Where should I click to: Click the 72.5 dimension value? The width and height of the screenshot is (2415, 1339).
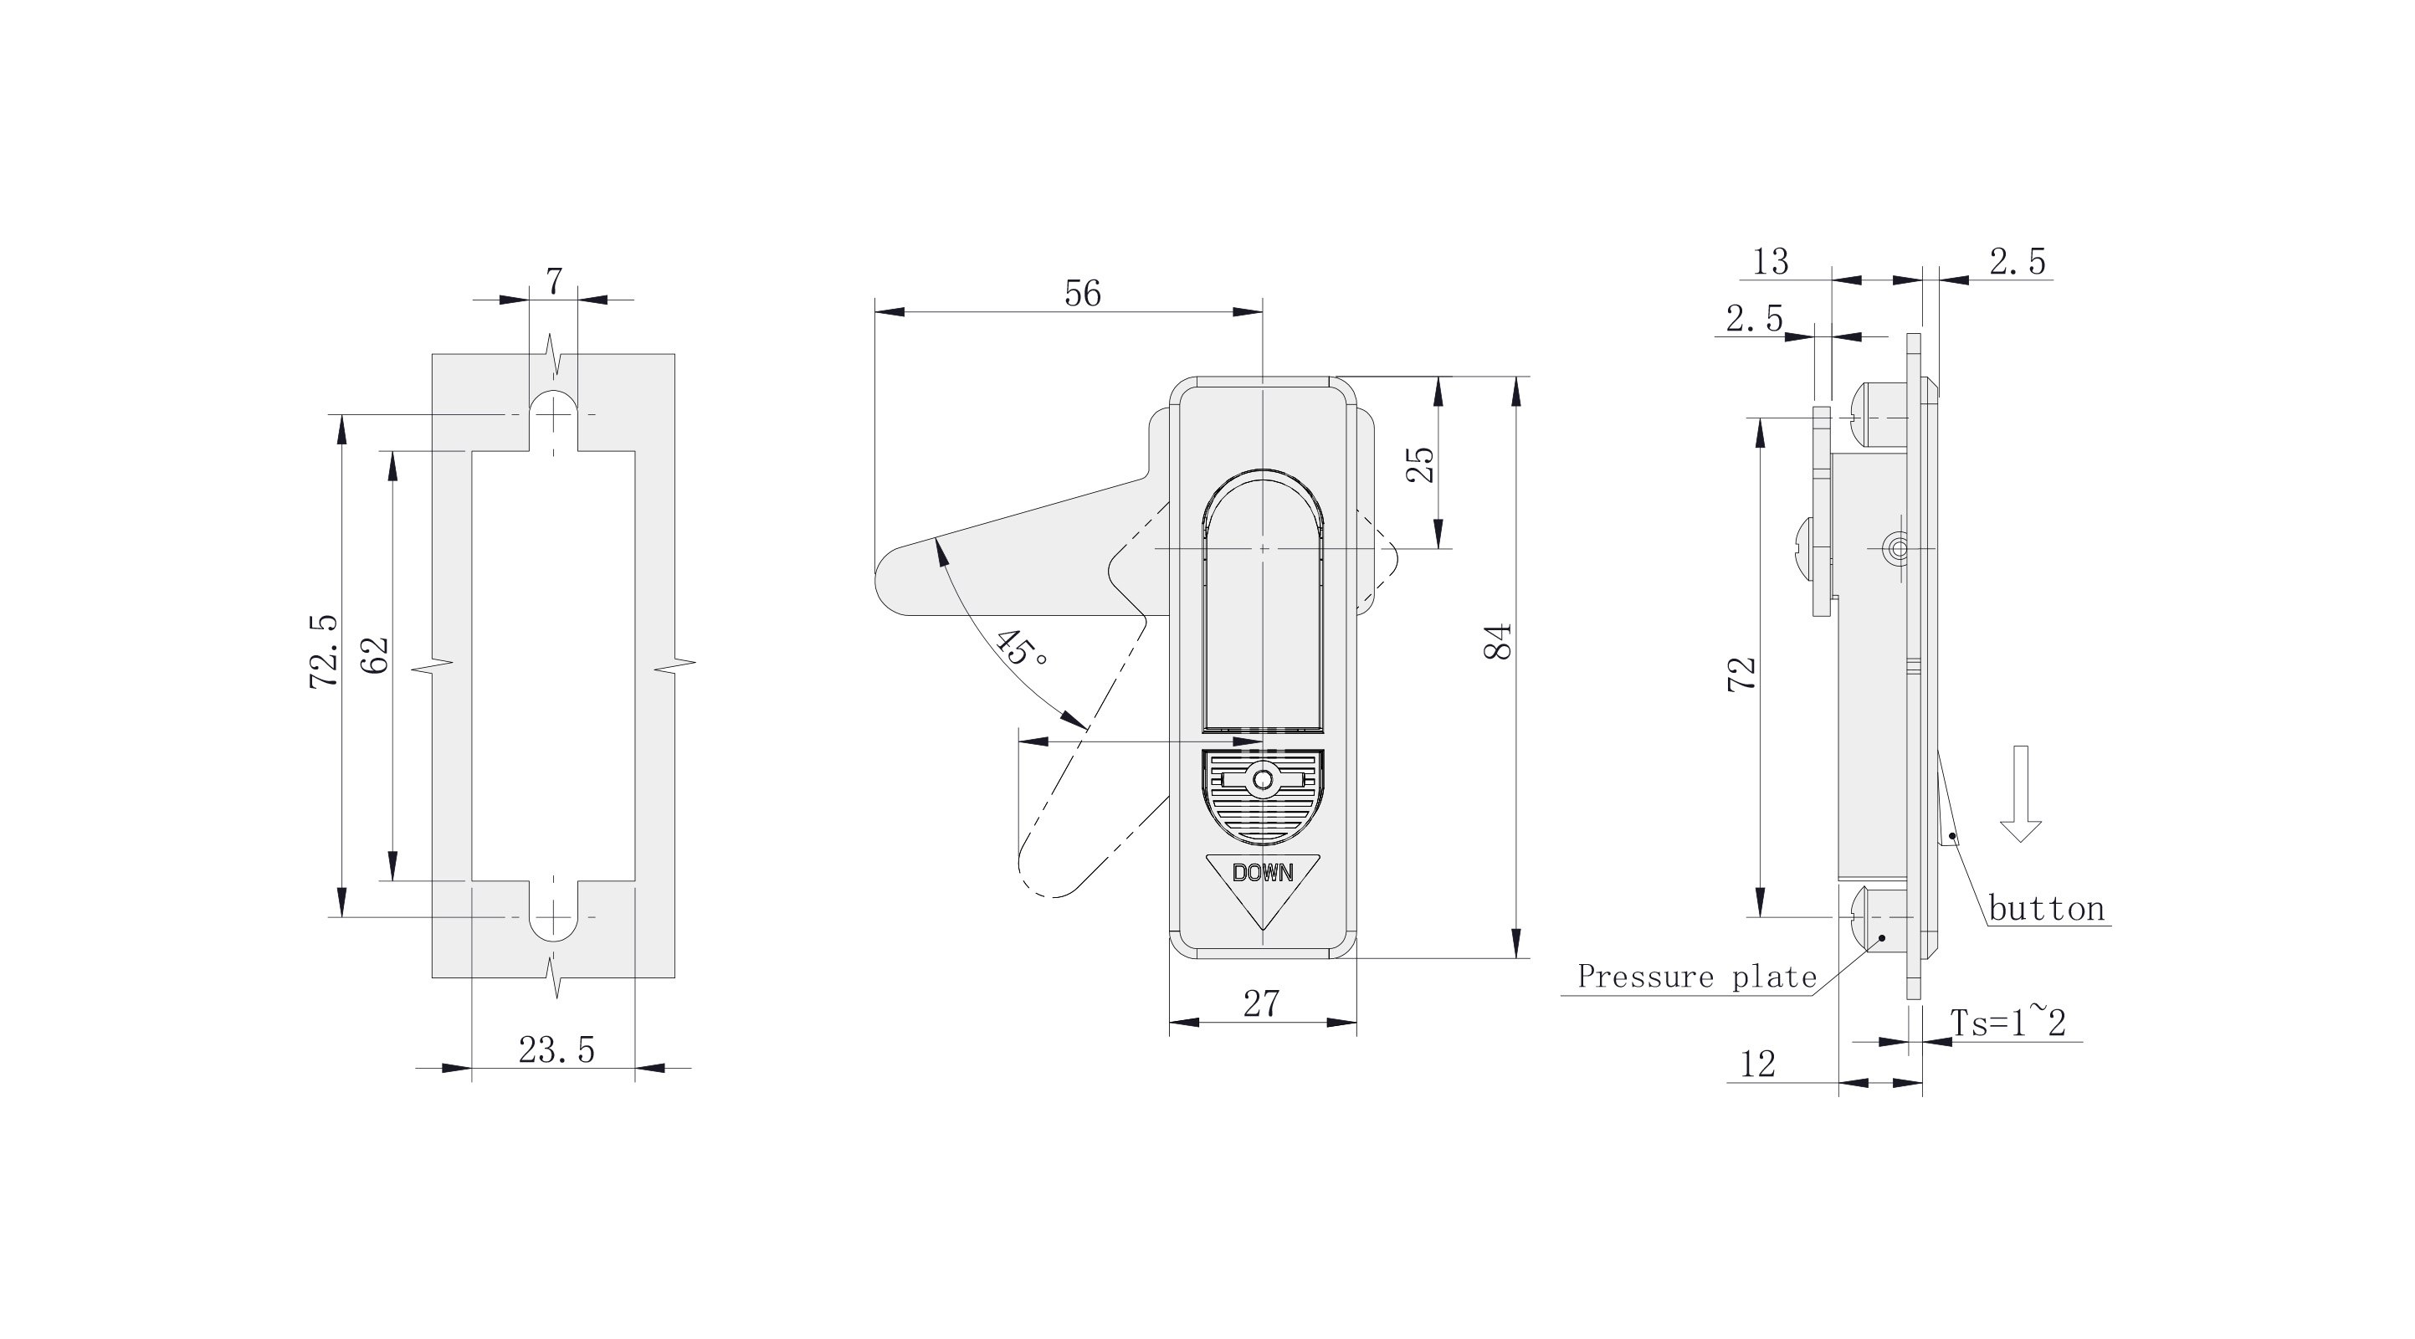point(324,653)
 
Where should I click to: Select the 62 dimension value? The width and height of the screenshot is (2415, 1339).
point(375,655)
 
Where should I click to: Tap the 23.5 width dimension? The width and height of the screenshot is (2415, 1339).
point(556,1050)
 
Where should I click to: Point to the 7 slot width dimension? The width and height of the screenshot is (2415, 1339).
point(554,280)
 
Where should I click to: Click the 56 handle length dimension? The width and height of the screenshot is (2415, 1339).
point(1083,295)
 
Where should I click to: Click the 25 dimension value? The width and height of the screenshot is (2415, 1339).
point(1421,464)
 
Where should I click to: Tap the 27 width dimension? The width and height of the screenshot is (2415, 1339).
point(1261,1004)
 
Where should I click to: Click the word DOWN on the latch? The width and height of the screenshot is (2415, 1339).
point(1262,873)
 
